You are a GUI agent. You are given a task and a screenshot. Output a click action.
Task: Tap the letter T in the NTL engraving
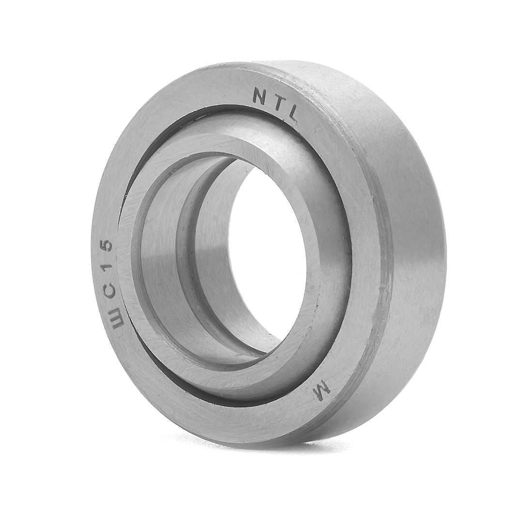[x=277, y=102]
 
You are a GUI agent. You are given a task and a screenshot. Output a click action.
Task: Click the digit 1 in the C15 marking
[x=106, y=268]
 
